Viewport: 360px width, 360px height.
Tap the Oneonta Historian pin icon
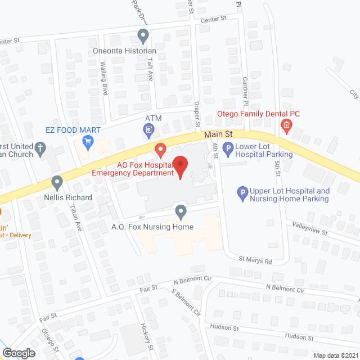[143, 37]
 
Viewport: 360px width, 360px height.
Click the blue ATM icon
[149, 131]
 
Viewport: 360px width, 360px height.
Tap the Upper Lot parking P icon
[243, 193]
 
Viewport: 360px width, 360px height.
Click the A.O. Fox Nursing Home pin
[181, 212]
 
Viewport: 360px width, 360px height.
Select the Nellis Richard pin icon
[57, 183]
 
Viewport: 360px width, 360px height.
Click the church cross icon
[40, 148]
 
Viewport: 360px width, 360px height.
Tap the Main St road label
[218, 134]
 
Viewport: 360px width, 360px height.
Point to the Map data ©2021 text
[335, 355]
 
